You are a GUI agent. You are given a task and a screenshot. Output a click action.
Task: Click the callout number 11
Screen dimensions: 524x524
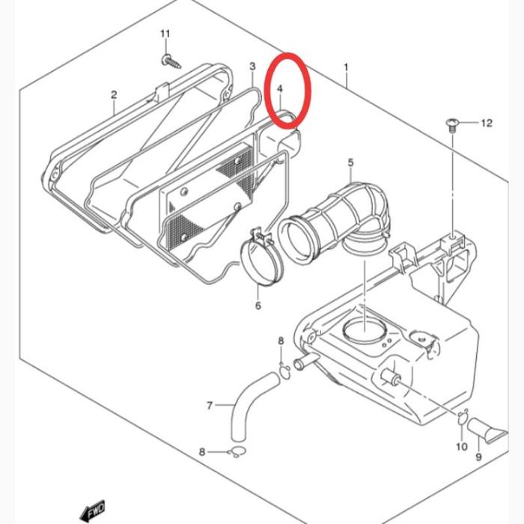165,34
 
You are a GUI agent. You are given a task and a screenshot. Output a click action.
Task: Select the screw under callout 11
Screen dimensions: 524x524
171,62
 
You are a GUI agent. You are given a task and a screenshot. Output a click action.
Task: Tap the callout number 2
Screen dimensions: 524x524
114,94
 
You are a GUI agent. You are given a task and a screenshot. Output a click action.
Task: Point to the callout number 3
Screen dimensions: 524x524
253,66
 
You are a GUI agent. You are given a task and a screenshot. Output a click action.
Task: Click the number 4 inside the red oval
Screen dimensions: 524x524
280,88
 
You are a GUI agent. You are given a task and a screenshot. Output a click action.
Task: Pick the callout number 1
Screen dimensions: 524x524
346,67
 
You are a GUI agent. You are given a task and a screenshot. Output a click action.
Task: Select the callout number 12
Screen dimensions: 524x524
487,123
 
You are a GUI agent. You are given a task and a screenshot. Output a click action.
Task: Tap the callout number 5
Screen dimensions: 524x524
350,162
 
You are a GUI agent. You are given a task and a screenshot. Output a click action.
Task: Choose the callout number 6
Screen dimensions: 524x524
258,305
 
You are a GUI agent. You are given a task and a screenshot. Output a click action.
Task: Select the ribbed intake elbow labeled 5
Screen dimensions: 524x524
334,221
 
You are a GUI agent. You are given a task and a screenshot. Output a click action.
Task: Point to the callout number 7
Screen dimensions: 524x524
210,406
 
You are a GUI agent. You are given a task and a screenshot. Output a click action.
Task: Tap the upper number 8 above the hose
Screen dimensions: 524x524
281,341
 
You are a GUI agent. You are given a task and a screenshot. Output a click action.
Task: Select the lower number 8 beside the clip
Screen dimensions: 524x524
202,452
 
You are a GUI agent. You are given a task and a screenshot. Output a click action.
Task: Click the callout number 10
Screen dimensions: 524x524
462,446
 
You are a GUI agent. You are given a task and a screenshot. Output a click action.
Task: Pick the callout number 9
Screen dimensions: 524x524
478,457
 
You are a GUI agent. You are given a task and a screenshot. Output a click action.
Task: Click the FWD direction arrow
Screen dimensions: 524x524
93,511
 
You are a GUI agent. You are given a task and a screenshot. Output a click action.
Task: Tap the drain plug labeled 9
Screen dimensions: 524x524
487,430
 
